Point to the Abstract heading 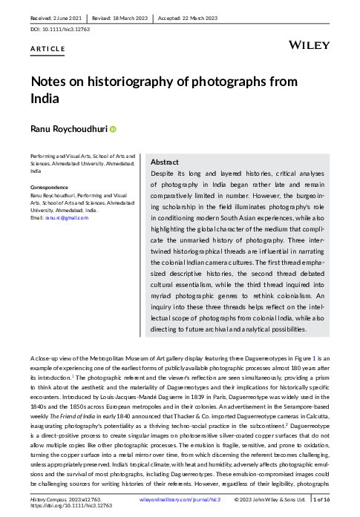click(x=164, y=162)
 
